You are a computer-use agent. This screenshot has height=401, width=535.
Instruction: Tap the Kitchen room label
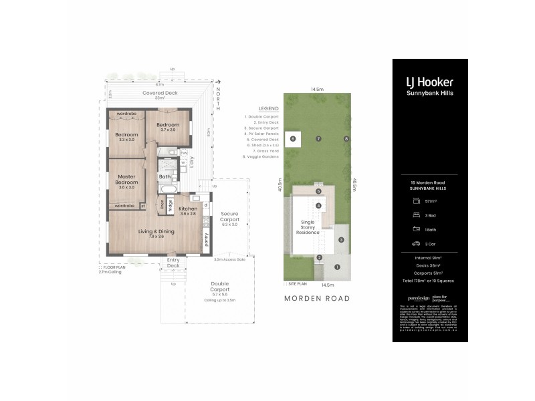pos(187,211)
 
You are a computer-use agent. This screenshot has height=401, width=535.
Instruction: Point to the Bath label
pos(165,177)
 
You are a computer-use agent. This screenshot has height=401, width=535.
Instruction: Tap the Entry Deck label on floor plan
pos(173,262)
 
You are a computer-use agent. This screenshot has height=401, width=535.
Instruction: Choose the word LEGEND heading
pos(267,109)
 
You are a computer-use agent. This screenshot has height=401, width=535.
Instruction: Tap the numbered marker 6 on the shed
pos(292,138)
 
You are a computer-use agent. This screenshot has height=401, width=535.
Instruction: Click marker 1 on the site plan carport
pos(337,267)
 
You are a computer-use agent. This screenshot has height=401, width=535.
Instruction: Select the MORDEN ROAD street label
pos(318,298)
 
